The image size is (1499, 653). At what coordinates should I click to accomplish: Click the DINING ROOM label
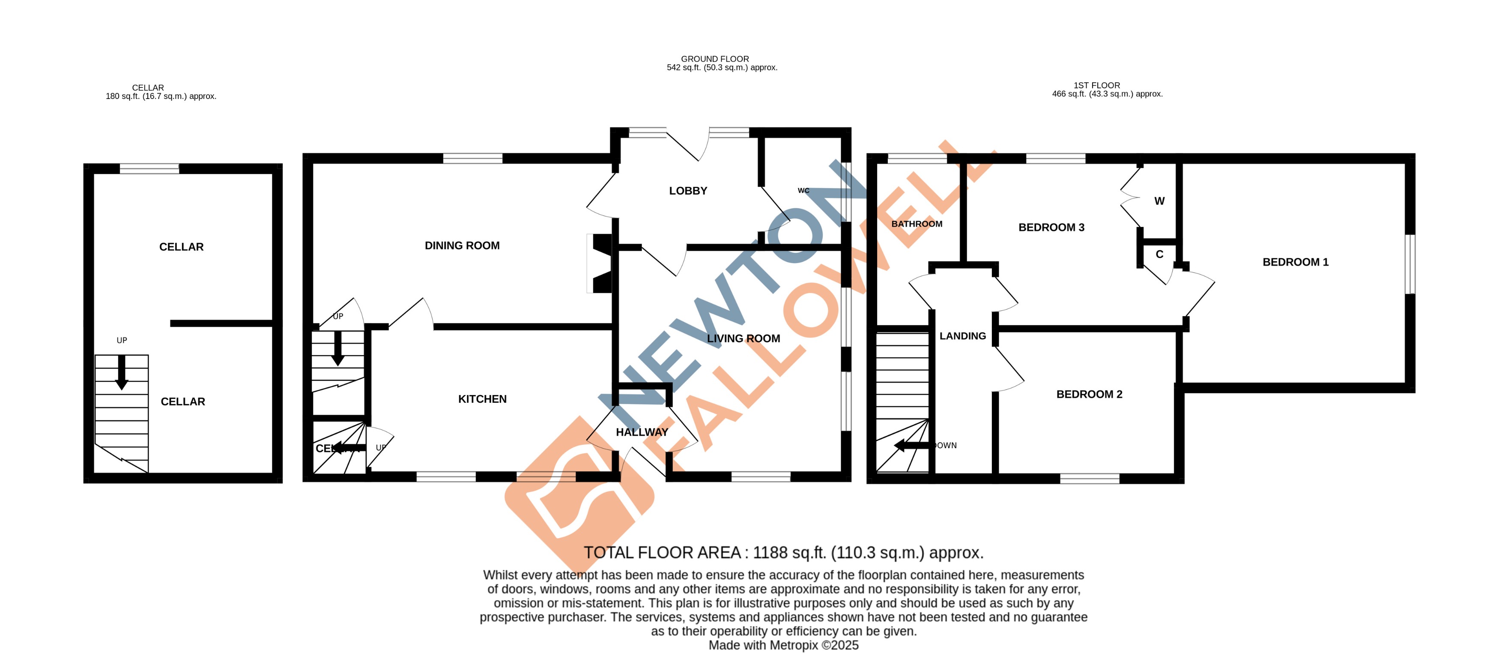(x=462, y=246)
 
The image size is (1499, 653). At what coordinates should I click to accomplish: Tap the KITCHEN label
(x=482, y=399)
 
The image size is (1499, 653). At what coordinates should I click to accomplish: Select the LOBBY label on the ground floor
(x=688, y=191)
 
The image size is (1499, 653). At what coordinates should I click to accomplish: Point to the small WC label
(x=803, y=190)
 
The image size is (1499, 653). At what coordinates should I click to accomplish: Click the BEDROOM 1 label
(x=1295, y=262)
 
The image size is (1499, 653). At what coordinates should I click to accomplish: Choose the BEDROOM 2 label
(x=1089, y=394)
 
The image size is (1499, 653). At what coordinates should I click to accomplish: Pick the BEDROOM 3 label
(x=1051, y=228)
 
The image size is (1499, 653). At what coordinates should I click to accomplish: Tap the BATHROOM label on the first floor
(x=917, y=224)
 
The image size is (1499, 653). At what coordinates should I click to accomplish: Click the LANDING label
(x=962, y=336)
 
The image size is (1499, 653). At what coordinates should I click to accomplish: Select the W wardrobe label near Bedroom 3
(x=1159, y=201)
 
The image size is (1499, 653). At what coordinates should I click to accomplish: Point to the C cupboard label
(x=1159, y=255)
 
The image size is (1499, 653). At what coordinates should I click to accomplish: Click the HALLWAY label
(x=642, y=432)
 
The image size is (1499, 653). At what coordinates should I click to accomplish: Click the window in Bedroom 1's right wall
(x=1410, y=264)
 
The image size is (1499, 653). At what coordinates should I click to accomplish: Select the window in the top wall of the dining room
(x=472, y=158)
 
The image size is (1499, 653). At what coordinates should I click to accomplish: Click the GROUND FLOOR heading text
(x=714, y=59)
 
